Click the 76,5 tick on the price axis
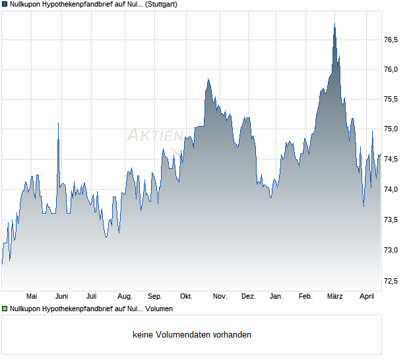point(391,40)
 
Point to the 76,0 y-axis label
point(391,69)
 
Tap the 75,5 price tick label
point(391,100)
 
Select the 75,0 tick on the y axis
point(391,129)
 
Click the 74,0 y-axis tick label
point(391,190)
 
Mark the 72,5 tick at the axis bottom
point(391,281)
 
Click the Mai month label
point(31,296)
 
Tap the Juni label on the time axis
point(61,296)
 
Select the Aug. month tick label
point(125,296)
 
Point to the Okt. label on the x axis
point(186,296)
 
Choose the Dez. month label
point(248,296)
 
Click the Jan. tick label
point(276,296)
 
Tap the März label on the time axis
point(335,296)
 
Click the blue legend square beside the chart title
point(5,4)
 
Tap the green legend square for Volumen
point(5,308)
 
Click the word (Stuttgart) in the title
point(158,4)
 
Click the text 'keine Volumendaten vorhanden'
point(192,334)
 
